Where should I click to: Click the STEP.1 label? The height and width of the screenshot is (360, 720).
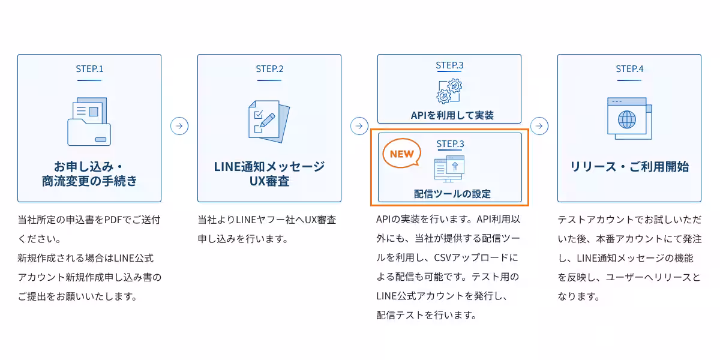coord(89,68)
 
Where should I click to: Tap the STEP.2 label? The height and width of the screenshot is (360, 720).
coord(269,68)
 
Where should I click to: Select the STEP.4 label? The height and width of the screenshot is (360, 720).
coord(629,68)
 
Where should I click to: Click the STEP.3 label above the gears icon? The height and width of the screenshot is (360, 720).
coord(449,65)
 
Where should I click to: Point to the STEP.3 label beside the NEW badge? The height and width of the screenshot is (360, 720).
coord(450,143)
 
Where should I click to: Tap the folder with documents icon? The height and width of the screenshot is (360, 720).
coord(89,122)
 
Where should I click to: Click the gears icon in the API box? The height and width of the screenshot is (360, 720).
coord(449,91)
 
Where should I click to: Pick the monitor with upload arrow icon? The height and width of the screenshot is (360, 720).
coord(449,168)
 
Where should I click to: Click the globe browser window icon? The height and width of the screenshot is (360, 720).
coord(628,118)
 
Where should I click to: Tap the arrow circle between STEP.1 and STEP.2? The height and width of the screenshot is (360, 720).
coord(179,126)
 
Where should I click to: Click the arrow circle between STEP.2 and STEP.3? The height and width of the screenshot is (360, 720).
coord(359,126)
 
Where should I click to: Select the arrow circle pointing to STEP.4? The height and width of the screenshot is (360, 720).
coord(539,126)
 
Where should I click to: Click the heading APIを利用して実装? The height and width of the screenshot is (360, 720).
coord(449,115)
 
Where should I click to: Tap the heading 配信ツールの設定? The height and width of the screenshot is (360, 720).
coord(449,194)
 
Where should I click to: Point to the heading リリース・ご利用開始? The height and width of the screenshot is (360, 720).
coord(629,167)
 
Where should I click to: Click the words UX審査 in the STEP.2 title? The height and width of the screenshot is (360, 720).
coord(269,181)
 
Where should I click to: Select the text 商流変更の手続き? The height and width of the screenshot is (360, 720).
coord(89,181)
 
